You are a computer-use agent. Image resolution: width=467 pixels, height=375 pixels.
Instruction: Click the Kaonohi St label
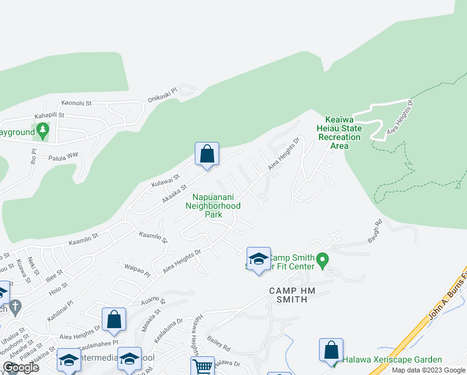coord(76,102)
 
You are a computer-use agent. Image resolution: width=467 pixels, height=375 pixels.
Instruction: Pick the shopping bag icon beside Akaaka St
coord(207,154)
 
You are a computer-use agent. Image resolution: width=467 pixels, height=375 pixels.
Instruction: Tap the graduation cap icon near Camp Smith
coord(258,257)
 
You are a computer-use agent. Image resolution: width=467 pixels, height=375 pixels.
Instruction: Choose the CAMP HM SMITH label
coord(288,295)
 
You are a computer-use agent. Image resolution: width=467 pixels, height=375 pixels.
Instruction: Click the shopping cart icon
coord(202,366)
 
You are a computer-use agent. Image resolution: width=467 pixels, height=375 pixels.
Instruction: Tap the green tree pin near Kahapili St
coord(42,131)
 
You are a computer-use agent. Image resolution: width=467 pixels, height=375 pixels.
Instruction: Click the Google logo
coord(21,367)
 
